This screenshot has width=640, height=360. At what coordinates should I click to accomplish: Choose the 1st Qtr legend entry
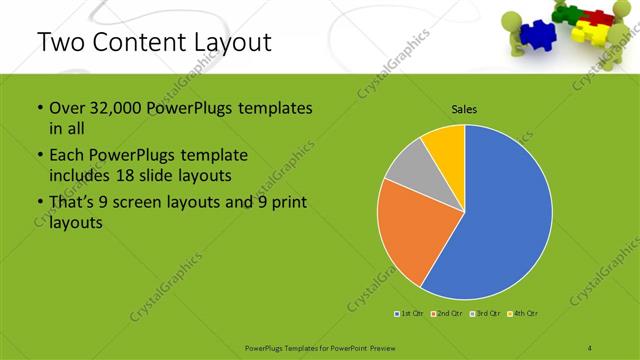coord(411,314)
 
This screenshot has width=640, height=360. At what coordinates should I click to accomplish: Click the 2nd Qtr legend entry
coord(447,314)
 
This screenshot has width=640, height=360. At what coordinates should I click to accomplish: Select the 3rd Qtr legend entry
coord(485,314)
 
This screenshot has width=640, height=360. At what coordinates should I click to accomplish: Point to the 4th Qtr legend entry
coord(523,314)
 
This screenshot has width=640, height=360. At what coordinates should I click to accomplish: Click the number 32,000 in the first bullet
coord(112,108)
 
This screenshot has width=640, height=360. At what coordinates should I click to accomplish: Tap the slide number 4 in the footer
coord(590,348)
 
